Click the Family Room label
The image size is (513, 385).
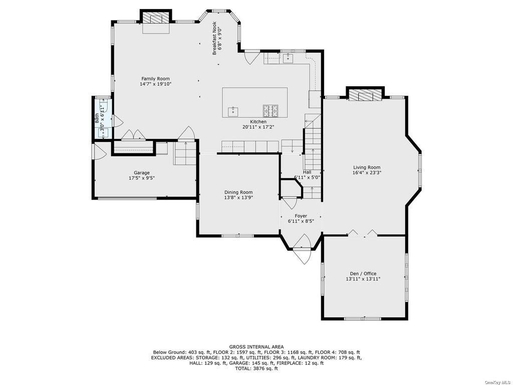(155, 79)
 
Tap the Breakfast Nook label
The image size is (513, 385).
(214, 38)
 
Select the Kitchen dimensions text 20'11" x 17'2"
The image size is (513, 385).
(258, 127)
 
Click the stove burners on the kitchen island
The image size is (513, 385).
(270, 111)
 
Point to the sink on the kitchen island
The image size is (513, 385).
(233, 111)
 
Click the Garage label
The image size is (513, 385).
(142, 173)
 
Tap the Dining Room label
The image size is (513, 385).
(238, 192)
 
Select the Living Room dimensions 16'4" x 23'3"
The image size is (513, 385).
(367, 172)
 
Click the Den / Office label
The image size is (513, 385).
(363, 274)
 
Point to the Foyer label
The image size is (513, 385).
(301, 216)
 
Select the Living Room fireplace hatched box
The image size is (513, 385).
(365, 95)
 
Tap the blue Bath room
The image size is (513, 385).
(102, 118)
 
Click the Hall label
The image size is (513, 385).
(307, 172)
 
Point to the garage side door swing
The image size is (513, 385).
(100, 151)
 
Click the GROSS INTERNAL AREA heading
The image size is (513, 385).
(256, 347)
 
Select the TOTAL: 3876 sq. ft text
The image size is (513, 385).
(256, 368)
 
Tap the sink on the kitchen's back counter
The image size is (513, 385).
(288, 58)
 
